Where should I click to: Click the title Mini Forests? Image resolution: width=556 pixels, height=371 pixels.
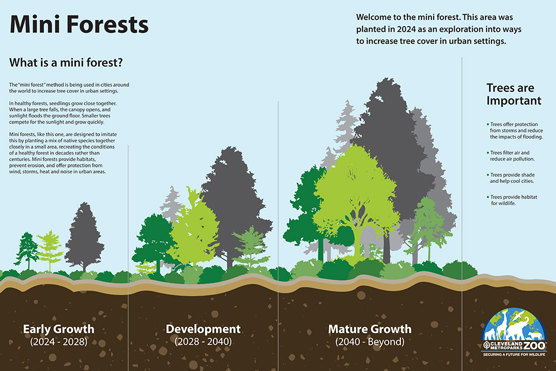click(79, 25)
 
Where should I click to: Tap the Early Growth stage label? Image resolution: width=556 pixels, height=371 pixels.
click(58, 329)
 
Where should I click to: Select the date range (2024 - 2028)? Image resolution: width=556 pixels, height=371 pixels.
click(58, 342)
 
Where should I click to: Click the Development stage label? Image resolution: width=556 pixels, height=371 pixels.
click(203, 329)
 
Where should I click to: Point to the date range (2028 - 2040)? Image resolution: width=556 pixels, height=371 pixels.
click(203, 342)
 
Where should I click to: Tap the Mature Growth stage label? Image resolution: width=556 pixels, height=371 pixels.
click(370, 329)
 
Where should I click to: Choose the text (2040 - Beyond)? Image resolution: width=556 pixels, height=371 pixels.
click(370, 342)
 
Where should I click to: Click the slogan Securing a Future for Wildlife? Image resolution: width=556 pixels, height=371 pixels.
click(514, 354)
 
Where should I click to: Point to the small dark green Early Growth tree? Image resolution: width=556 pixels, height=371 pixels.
click(26, 250)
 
